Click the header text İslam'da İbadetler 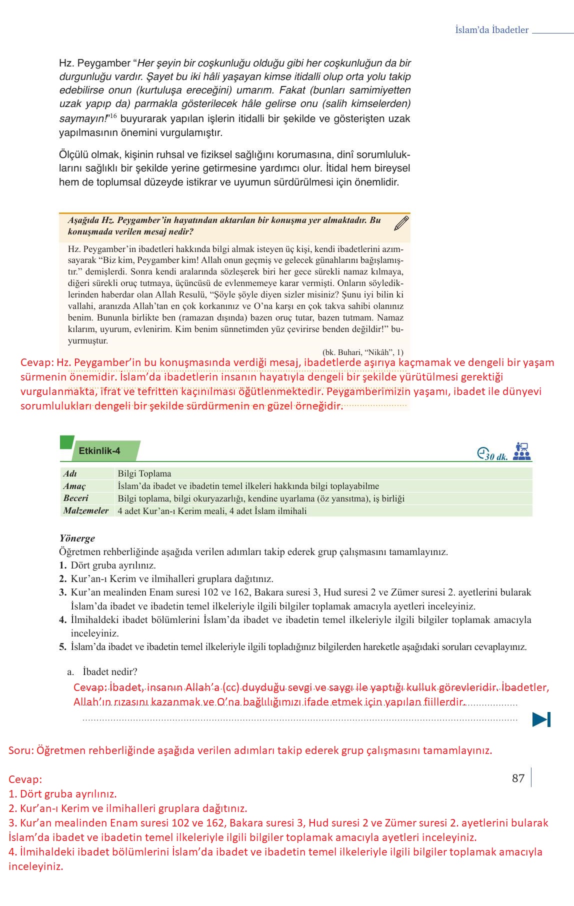[x=491, y=30]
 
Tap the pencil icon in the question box [x=401, y=223]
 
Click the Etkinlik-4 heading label [x=99, y=450]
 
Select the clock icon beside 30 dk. [x=481, y=452]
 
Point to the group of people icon [x=521, y=451]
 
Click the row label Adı [x=70, y=473]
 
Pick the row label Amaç [x=74, y=486]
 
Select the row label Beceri [x=75, y=498]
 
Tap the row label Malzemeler [x=85, y=510]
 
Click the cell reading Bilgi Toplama [x=144, y=473]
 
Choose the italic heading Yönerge [x=77, y=538]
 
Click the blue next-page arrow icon [x=541, y=719]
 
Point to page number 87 [x=518, y=778]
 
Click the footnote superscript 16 [x=113, y=116]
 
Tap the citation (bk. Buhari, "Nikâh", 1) [x=362, y=352]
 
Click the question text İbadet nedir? [x=110, y=671]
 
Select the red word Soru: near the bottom [x=20, y=750]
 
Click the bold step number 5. [x=62, y=647]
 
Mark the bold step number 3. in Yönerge [x=62, y=592]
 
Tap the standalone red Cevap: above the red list [x=25, y=779]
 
